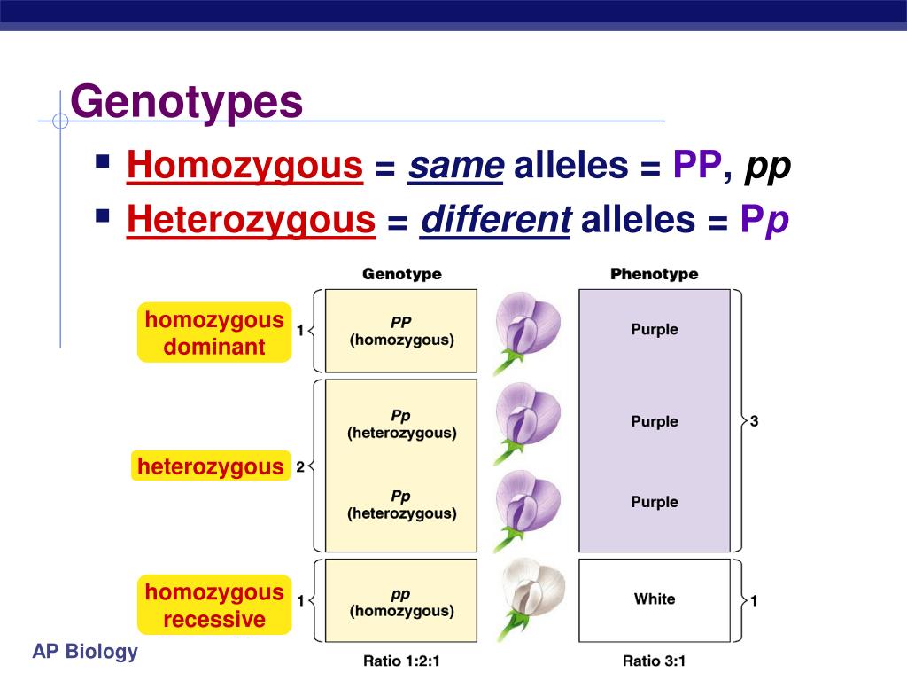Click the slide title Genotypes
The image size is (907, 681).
[x=187, y=103]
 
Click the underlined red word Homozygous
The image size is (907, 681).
[x=244, y=165]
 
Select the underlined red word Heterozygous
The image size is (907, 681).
[x=251, y=220]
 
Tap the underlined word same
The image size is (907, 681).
[x=455, y=165]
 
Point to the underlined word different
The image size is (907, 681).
[x=496, y=220]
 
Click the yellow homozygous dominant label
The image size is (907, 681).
[x=214, y=333]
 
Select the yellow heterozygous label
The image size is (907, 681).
[x=211, y=466]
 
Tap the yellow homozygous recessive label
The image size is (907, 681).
[x=214, y=606]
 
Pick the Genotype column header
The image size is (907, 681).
[x=401, y=274]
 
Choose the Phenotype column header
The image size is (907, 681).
[x=654, y=274]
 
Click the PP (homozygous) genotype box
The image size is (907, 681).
[x=401, y=331]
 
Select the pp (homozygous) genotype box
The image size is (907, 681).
[x=401, y=602]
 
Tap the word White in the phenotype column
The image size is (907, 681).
[x=655, y=599]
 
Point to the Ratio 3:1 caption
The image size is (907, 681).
[x=654, y=661]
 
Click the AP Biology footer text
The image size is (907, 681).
[x=86, y=653]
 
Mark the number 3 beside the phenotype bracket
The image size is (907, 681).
[x=754, y=421]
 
